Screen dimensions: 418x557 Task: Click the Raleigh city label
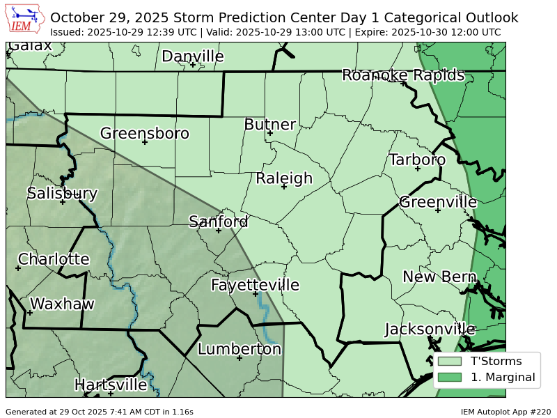point(284,178)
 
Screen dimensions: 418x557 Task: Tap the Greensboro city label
point(145,133)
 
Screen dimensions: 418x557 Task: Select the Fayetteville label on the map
point(255,285)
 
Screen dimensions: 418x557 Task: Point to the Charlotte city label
point(54,259)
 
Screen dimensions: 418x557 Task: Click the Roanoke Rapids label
point(403,75)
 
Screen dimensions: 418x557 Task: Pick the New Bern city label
point(439,277)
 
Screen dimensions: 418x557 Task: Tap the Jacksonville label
point(430,329)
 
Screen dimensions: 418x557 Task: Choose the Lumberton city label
point(240,349)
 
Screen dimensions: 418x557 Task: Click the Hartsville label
point(111,385)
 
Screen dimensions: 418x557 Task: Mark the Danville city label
point(193,56)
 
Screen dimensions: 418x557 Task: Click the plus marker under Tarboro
point(418,169)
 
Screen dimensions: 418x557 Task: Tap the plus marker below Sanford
point(219,231)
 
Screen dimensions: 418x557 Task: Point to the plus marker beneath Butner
point(270,133)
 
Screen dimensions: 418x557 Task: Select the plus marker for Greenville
point(438,210)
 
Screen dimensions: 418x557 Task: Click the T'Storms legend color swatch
point(450,361)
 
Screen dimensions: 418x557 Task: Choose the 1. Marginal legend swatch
point(450,378)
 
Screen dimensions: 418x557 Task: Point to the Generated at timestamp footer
point(100,412)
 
